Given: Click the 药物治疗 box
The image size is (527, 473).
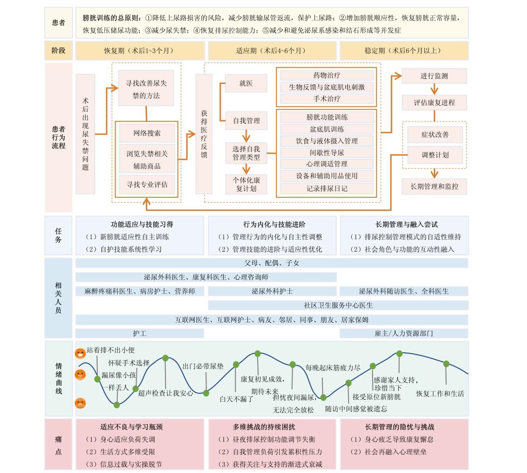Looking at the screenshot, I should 327,75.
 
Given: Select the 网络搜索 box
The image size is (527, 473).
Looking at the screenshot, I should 147,133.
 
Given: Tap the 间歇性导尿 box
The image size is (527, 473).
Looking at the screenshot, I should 327,153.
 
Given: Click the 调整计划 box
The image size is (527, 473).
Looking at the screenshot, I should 435,155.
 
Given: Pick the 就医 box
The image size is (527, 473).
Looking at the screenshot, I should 246,83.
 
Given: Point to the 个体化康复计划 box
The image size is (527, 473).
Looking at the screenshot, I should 246,184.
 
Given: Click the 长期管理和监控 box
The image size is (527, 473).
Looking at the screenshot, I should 434,186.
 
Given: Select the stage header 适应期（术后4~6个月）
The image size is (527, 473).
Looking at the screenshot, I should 272,51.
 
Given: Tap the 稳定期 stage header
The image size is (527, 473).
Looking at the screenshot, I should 404,51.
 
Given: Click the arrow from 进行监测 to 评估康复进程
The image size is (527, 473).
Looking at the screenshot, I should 434,89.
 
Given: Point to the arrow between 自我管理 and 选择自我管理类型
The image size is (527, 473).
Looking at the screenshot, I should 246,136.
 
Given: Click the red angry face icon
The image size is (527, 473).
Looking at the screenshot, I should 80,403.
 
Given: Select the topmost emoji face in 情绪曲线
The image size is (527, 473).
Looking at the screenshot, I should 80,353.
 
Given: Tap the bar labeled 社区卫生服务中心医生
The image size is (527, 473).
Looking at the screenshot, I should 338,305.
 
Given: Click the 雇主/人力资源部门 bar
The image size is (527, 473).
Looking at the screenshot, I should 404,333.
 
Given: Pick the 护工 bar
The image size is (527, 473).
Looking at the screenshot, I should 140,333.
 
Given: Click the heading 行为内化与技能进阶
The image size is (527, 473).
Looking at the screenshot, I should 274,224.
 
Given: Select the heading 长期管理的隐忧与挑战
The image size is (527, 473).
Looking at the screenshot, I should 399,427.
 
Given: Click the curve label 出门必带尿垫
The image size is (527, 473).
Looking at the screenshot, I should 203,366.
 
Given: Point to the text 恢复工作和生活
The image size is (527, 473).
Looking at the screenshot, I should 440,394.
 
